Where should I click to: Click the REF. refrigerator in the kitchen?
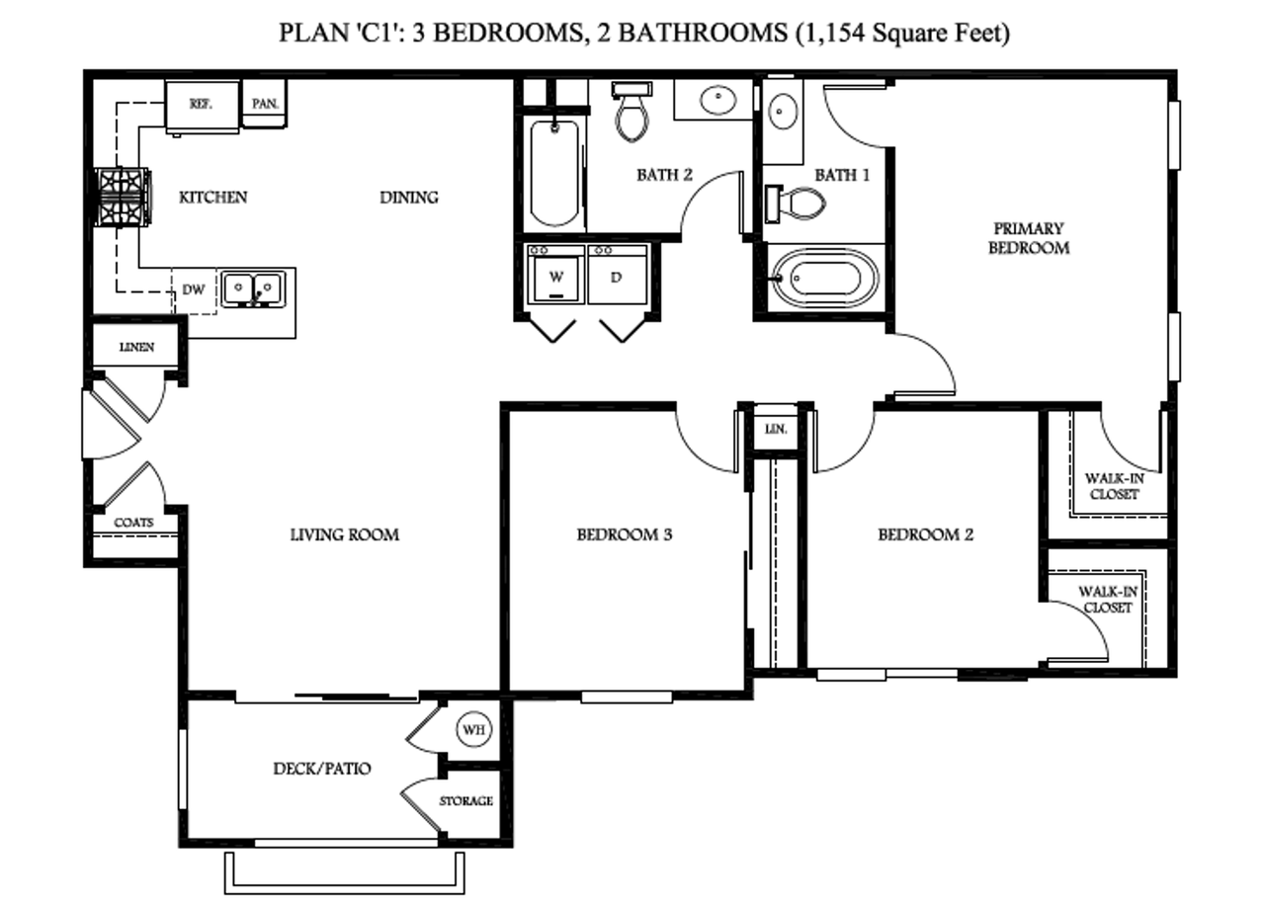[202, 106]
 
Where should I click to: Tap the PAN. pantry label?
[265, 104]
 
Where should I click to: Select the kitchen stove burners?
[122, 198]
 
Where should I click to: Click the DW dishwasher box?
[195, 290]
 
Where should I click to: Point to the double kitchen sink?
[252, 288]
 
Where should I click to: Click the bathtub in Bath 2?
[553, 172]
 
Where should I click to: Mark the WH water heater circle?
[473, 730]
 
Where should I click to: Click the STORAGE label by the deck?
[466, 801]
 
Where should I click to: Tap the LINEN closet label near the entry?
[135, 348]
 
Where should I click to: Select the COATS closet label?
[133, 523]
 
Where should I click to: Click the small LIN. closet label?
[776, 430]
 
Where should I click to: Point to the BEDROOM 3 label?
[625, 534]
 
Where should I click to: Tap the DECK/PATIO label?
[322, 768]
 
